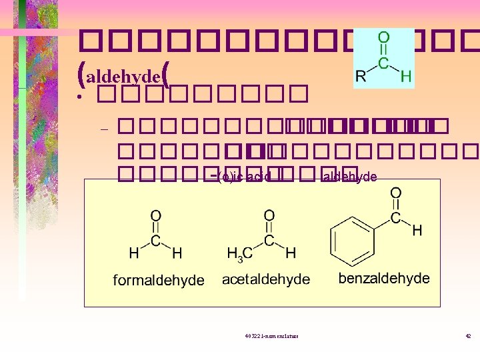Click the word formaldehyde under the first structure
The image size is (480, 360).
click(159, 280)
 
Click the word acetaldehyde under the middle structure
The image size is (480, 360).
click(266, 279)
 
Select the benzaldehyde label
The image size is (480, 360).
click(384, 278)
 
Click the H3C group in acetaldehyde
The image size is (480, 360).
click(237, 253)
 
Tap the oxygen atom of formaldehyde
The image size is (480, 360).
click(155, 216)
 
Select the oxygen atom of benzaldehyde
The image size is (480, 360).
click(395, 193)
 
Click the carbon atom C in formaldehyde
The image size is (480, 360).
click(155, 239)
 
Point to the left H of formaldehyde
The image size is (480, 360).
click(134, 253)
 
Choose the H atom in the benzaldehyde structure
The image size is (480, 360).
click(417, 231)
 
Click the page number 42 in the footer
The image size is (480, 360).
click(468, 335)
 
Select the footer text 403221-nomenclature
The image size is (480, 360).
click(271, 335)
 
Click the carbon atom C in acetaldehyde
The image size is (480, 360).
click(269, 239)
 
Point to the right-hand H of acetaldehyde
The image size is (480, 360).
click(290, 253)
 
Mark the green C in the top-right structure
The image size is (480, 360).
click(383, 62)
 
